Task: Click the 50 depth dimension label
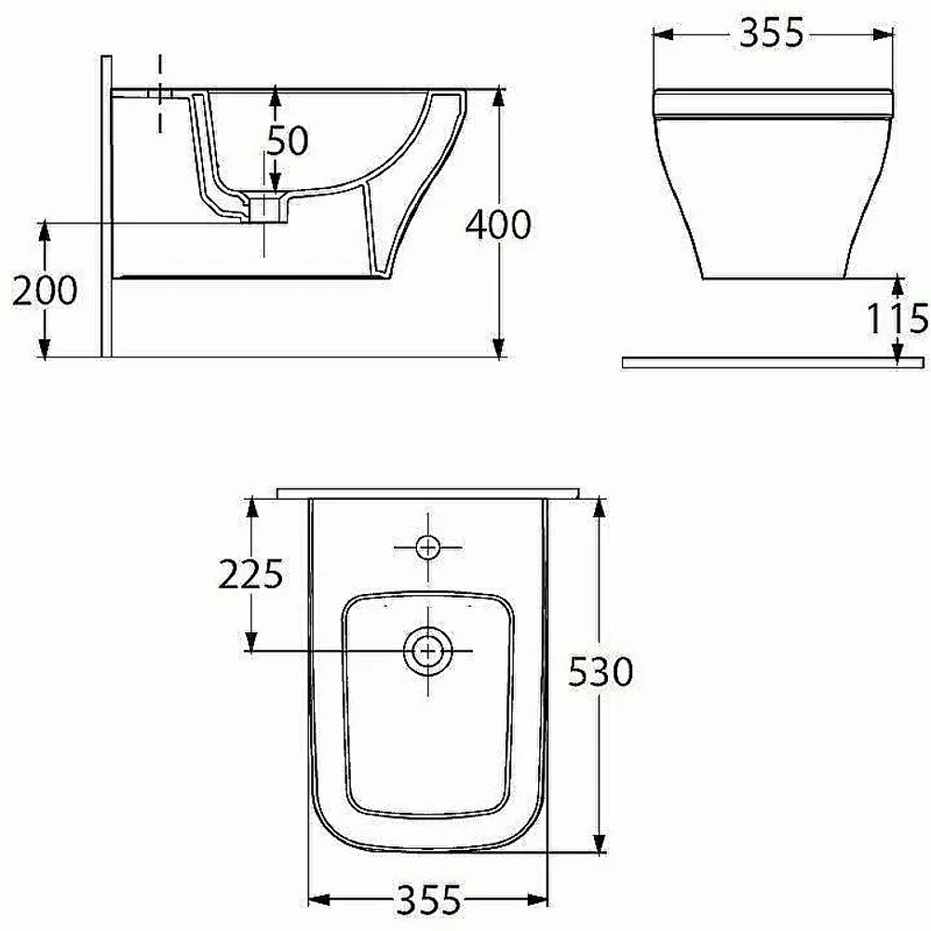(288, 141)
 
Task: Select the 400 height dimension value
(497, 225)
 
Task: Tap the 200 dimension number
(45, 290)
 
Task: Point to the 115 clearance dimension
(897, 318)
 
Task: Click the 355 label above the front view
(771, 33)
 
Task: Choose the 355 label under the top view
(428, 899)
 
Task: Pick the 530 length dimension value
(600, 672)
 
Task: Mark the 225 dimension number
(250, 574)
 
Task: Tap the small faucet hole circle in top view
(427, 546)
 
